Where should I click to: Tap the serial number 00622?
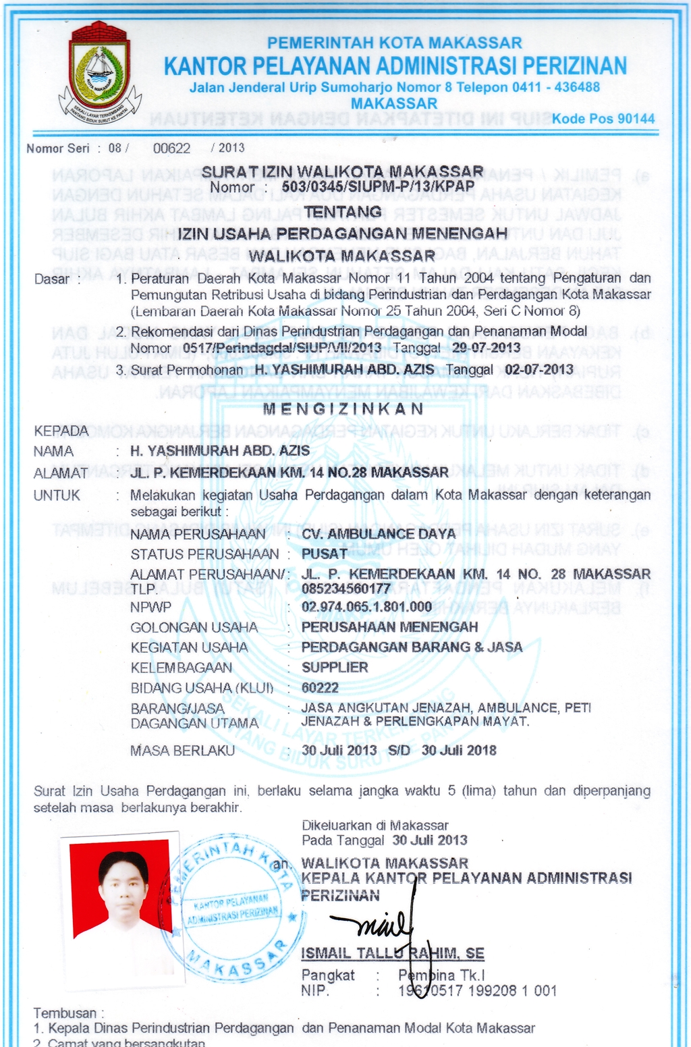tap(171, 149)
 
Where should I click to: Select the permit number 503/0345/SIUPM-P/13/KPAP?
tap(378, 186)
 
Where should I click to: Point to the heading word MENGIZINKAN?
tap(343, 409)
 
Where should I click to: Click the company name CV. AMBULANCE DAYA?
tap(379, 534)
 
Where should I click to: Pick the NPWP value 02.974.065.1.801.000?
tap(366, 607)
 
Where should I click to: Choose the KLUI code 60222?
tap(320, 688)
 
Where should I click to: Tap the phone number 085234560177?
tap(345, 588)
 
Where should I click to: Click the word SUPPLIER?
tap(335, 668)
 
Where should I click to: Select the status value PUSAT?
tap(325, 554)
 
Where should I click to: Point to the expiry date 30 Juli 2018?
tap(459, 751)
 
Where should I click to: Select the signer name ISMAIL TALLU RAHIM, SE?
tap(393, 953)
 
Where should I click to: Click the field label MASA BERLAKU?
tap(182, 751)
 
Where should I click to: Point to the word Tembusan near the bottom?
tap(65, 1013)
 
